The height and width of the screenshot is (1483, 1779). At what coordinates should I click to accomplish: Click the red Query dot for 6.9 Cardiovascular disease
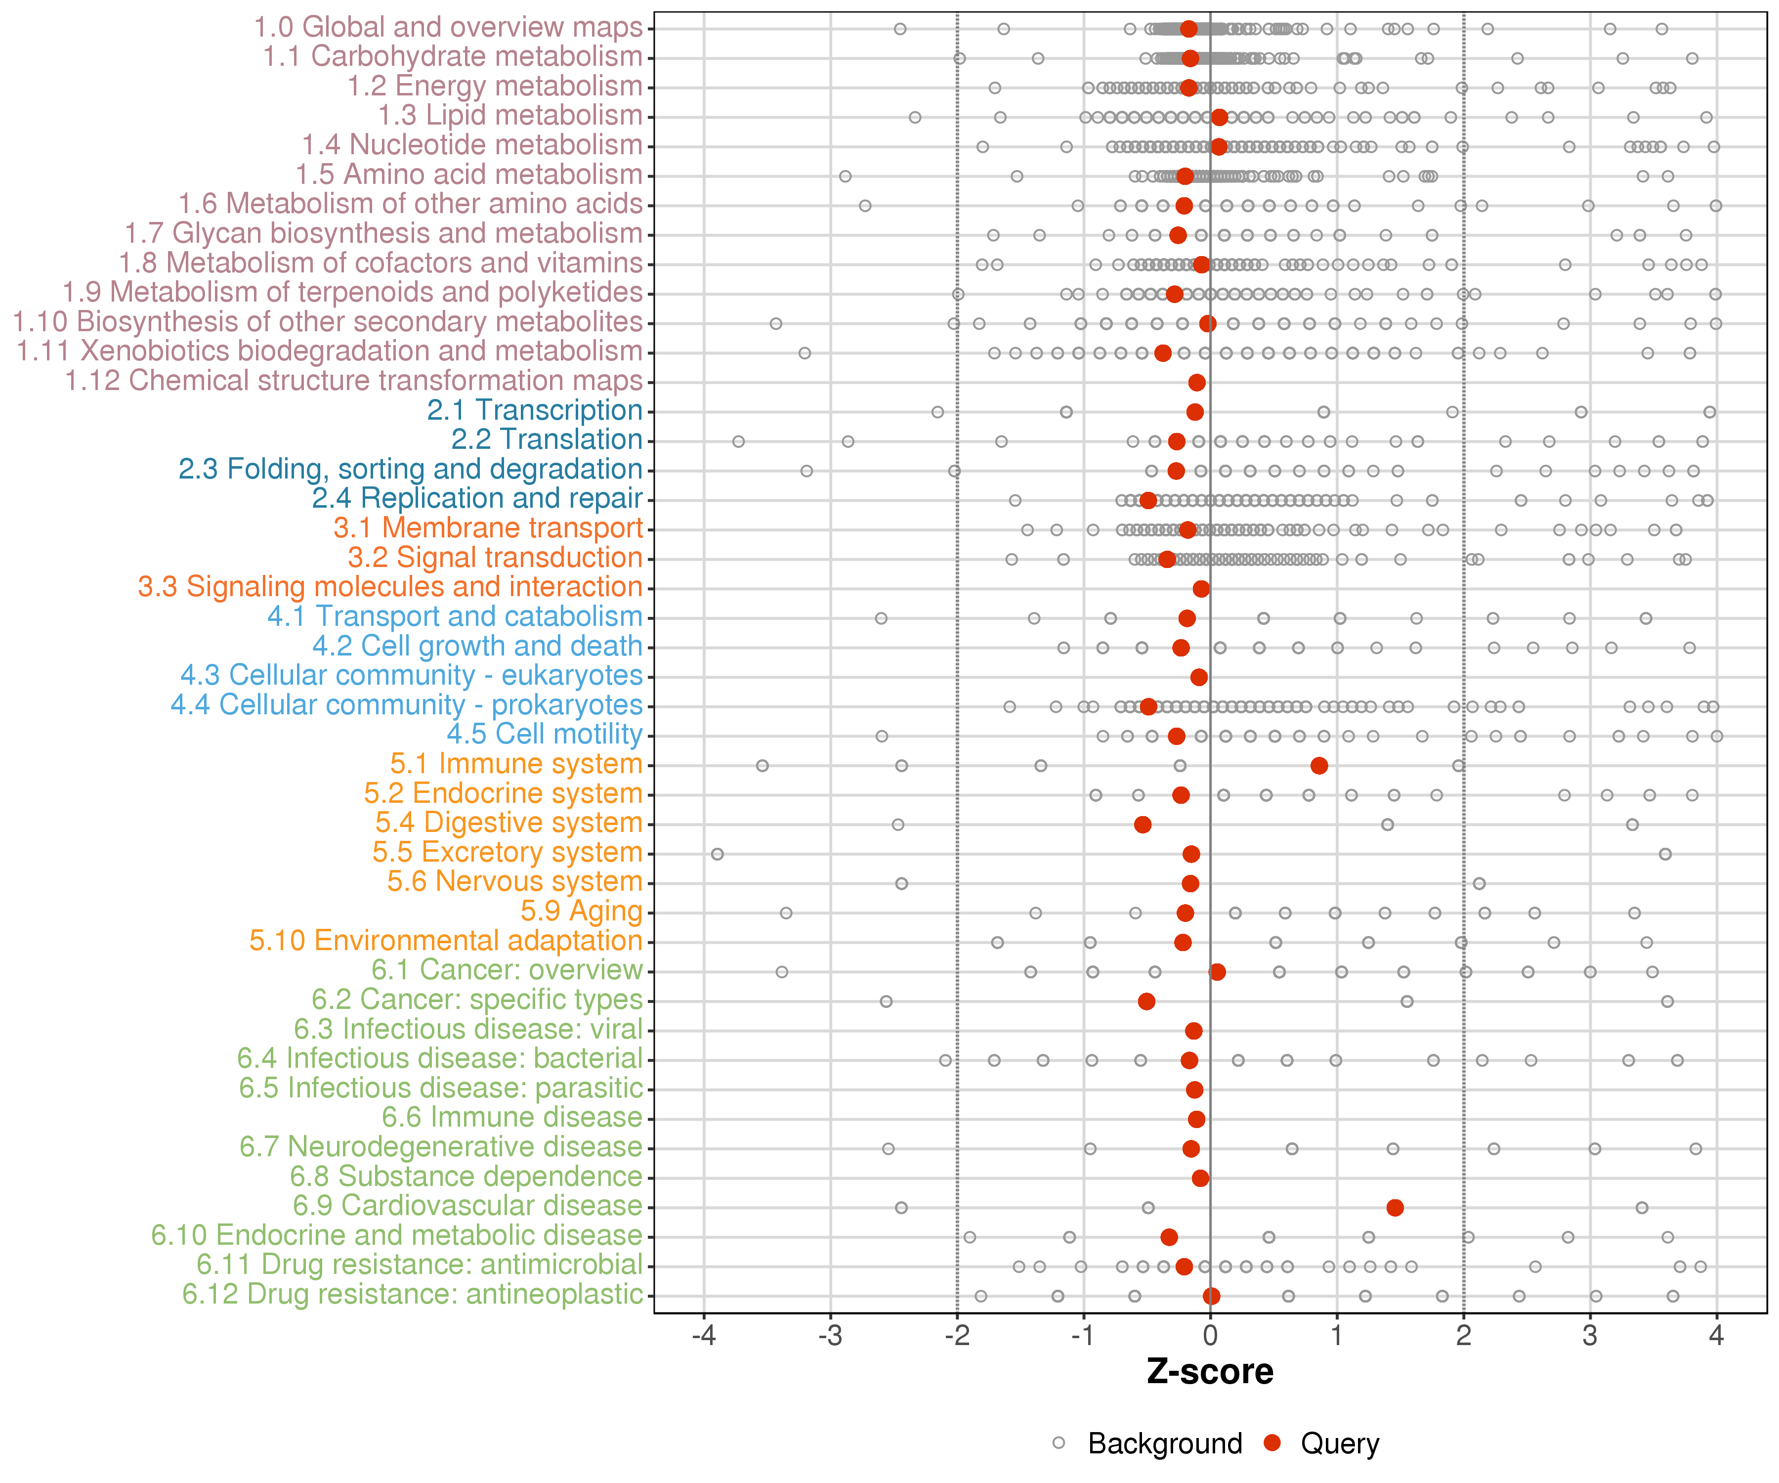(1395, 1208)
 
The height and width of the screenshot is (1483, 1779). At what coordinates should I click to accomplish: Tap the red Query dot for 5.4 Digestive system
(1143, 825)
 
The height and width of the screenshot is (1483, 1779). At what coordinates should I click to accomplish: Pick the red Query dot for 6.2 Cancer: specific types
(1146, 1002)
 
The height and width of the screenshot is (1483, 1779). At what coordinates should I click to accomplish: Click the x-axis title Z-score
(1210, 1372)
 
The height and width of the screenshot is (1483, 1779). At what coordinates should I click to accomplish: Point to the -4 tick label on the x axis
(703, 1336)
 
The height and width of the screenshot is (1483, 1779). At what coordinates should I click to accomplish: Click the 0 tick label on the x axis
(1210, 1336)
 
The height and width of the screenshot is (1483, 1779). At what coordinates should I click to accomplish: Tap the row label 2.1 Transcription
(535, 410)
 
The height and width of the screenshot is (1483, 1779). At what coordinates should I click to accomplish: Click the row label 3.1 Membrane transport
(488, 528)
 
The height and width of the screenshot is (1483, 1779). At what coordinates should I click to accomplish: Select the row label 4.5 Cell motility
(545, 734)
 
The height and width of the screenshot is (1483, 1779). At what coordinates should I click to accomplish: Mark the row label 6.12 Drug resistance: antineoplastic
(413, 1294)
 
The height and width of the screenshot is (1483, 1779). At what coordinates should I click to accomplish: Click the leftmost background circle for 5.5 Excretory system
(718, 854)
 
